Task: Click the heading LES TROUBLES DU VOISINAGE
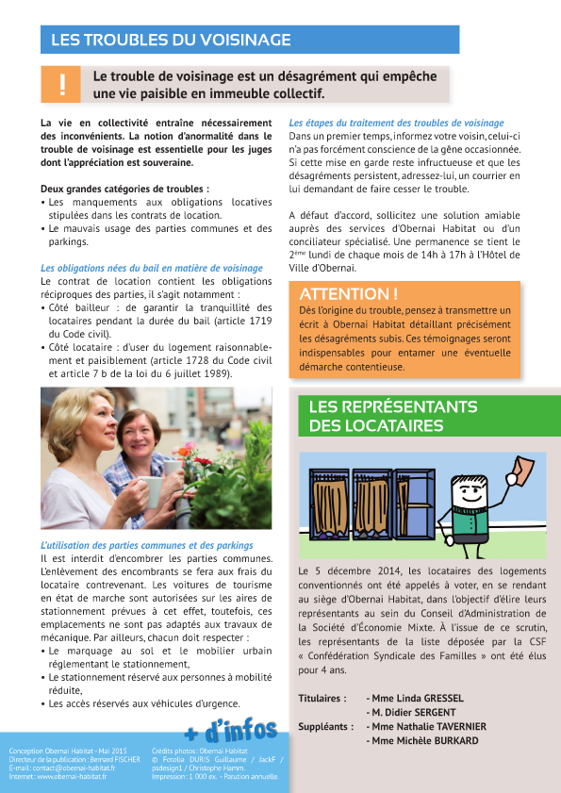(170, 41)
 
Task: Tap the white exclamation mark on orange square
(62, 85)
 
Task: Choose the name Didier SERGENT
(421, 713)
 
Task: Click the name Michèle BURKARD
(424, 741)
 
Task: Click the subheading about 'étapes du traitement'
(396, 123)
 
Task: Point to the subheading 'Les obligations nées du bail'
(139, 268)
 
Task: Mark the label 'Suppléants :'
(325, 727)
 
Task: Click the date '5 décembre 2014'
(345, 571)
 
